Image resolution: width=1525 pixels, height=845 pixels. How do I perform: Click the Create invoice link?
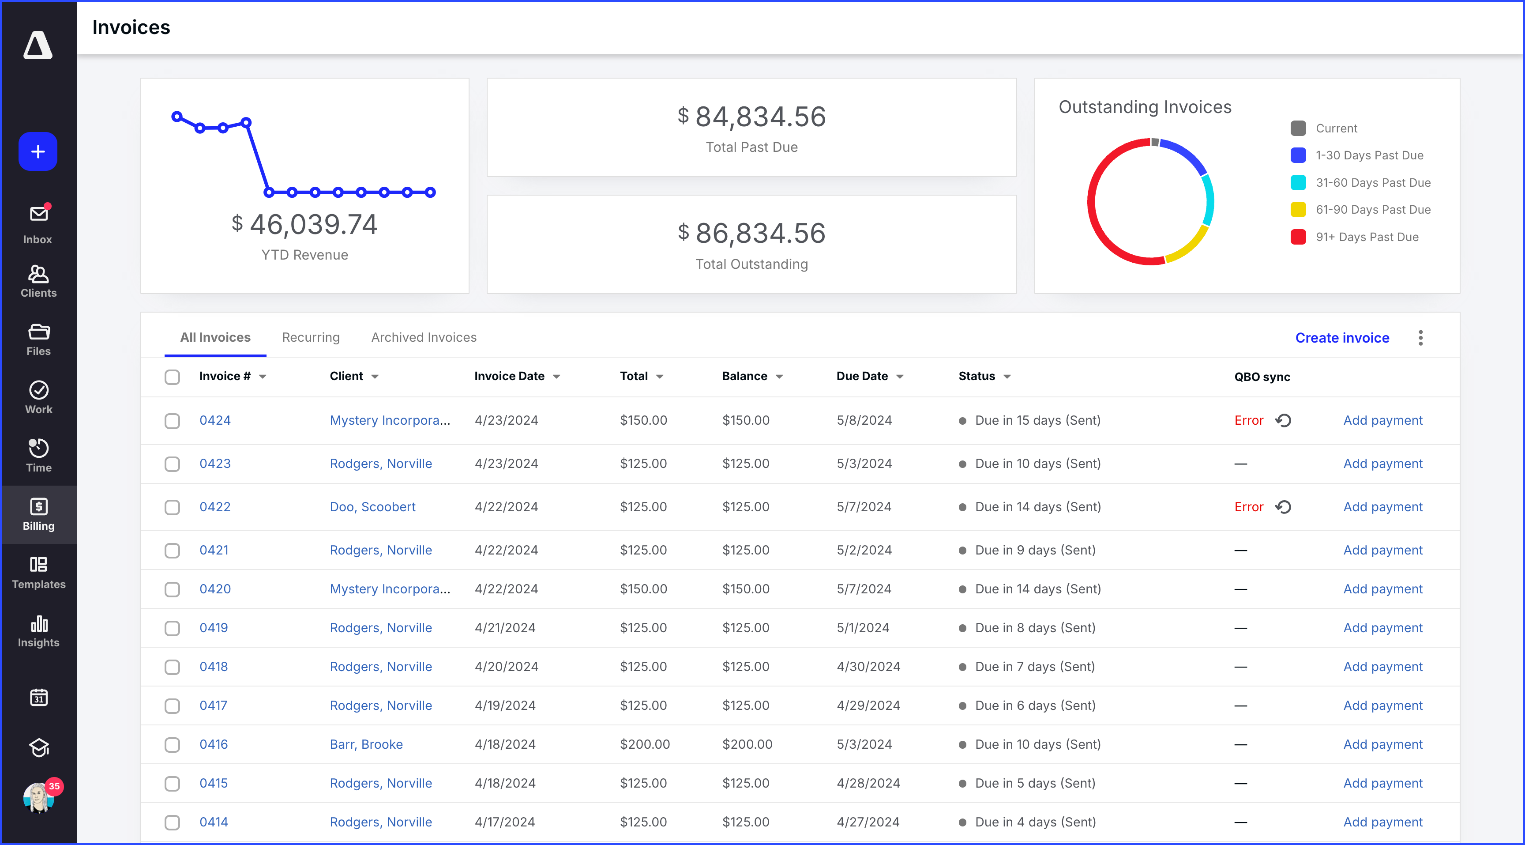point(1341,338)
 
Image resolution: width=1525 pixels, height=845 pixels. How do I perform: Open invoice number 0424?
point(215,420)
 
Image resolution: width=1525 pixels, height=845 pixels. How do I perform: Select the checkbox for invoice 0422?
point(172,507)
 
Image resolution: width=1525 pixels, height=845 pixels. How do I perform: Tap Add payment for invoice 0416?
point(1382,744)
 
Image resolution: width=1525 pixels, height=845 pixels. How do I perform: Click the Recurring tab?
point(311,338)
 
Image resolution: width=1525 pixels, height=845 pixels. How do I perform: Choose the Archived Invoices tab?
point(424,338)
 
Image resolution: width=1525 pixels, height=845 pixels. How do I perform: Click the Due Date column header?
point(862,376)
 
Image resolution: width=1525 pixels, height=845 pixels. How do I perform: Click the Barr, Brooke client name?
point(366,744)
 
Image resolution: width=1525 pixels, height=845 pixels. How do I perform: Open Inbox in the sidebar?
point(38,224)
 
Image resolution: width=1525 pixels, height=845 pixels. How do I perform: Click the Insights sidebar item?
point(38,631)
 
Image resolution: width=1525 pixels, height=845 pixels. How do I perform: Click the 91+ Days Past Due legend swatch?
point(1298,237)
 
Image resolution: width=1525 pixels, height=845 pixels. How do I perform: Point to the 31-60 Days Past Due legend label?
point(1373,182)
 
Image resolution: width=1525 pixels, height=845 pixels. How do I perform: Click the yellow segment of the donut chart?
point(1190,246)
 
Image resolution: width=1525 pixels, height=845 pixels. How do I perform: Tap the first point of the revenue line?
point(177,117)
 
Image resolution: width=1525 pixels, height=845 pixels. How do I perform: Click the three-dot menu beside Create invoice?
point(1420,338)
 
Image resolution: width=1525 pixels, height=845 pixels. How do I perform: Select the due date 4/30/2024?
point(868,667)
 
